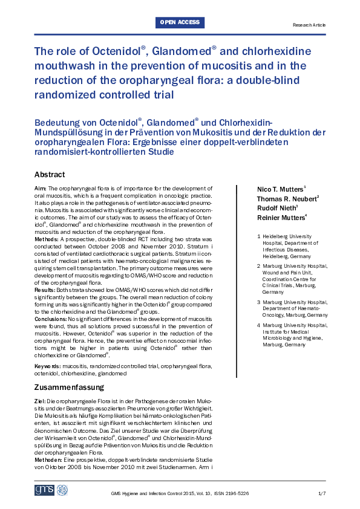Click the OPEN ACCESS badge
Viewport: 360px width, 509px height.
[180, 22]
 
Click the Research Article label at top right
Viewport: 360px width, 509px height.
[309, 25]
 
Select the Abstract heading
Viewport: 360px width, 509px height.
[50, 175]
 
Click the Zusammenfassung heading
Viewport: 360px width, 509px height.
[69, 387]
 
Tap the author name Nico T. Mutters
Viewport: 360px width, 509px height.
[281, 189]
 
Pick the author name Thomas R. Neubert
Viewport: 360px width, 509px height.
[288, 199]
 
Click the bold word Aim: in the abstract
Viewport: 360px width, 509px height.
[40, 189]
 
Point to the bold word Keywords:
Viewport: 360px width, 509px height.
[48, 366]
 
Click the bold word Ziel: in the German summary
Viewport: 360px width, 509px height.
[40, 402]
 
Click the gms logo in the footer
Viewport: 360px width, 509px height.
[44, 490]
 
